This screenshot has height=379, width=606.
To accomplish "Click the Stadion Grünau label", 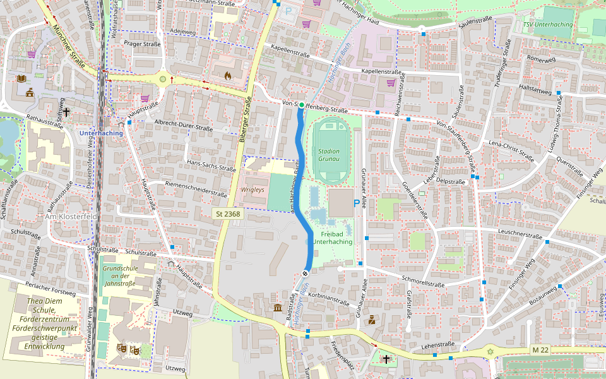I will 329,155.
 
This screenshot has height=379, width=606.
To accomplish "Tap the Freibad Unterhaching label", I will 332,238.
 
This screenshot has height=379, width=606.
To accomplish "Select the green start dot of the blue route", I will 302,105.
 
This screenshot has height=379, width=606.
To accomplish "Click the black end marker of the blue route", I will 306,273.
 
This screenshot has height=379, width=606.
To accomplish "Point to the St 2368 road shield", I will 227,214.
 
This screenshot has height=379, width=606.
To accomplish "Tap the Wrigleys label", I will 252,189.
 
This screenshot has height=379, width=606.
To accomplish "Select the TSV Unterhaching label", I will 547,25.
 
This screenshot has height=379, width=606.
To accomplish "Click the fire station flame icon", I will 228,75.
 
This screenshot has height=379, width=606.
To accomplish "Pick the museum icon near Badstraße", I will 278,308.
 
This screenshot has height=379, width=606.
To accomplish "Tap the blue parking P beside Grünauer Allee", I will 357,203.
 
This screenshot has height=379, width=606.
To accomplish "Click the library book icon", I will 22,78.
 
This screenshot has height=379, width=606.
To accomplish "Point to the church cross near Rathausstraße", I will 66,111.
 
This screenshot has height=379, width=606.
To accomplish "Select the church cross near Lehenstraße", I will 386,359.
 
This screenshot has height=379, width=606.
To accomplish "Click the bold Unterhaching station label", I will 101,133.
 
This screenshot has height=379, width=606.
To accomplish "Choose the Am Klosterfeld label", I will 71,216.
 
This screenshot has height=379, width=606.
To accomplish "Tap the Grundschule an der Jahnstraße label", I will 119,276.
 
